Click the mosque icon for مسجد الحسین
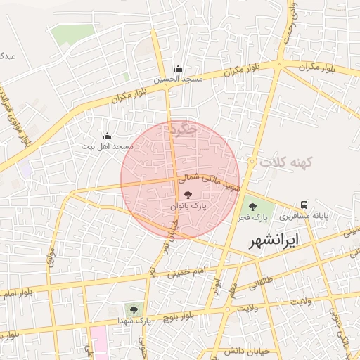(x=178, y=69)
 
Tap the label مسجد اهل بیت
(x=107, y=146)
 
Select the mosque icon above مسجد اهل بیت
(x=107, y=136)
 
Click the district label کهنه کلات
(x=285, y=162)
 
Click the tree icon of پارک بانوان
(x=188, y=195)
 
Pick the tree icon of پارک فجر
(x=252, y=206)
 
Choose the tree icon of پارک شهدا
(x=132, y=309)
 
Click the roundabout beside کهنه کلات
(x=251, y=162)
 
